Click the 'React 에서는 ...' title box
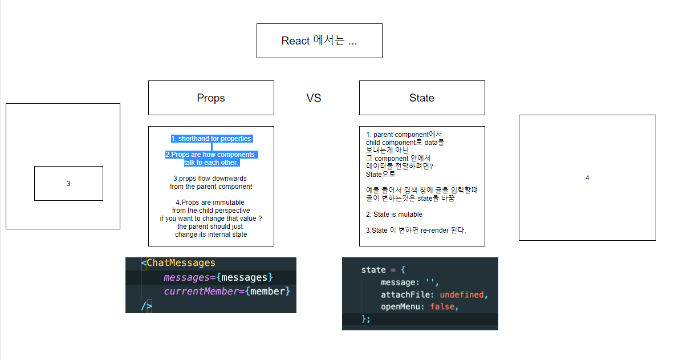coord(319,41)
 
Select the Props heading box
coord(211,98)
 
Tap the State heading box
coord(422,98)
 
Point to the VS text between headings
coord(314,98)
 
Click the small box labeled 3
coord(68,184)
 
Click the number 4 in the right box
coord(587,178)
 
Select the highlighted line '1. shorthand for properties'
coord(211,139)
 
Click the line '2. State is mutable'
coord(394,215)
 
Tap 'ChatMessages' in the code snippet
coord(181,263)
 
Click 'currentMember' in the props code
coord(198,292)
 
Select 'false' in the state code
coord(442,307)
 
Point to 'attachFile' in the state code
coord(404,295)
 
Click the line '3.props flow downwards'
coord(211,179)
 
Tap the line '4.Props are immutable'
coord(211,203)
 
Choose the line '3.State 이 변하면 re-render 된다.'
coord(416,230)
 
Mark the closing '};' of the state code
coord(365,319)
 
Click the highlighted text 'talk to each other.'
coord(211,163)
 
